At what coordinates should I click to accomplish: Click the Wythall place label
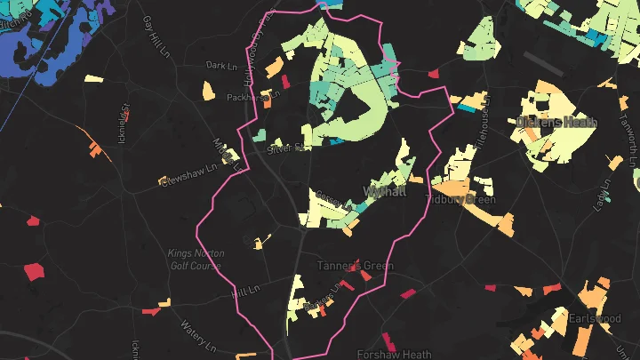tap(386, 191)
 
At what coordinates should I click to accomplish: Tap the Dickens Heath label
tap(557, 122)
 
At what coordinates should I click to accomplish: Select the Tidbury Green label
tap(462, 199)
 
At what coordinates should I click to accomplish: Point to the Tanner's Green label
tap(356, 266)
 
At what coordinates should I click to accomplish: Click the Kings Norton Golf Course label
tap(193, 259)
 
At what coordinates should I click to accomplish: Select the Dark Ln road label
tap(218, 65)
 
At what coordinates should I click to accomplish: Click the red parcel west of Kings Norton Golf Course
tap(34, 271)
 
